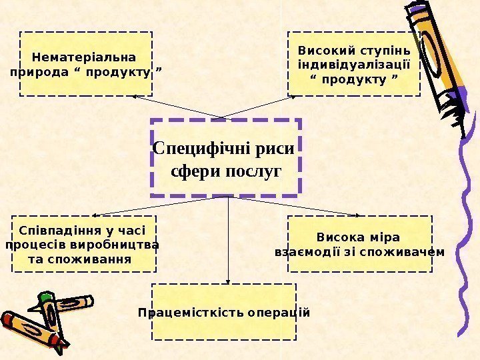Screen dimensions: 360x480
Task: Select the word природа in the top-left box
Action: [x=37, y=71]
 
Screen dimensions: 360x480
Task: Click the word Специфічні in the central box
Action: [x=195, y=147]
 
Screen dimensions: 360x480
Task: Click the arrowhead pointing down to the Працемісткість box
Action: [x=229, y=281]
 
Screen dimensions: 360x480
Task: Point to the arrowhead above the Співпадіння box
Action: [x=95, y=215]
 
